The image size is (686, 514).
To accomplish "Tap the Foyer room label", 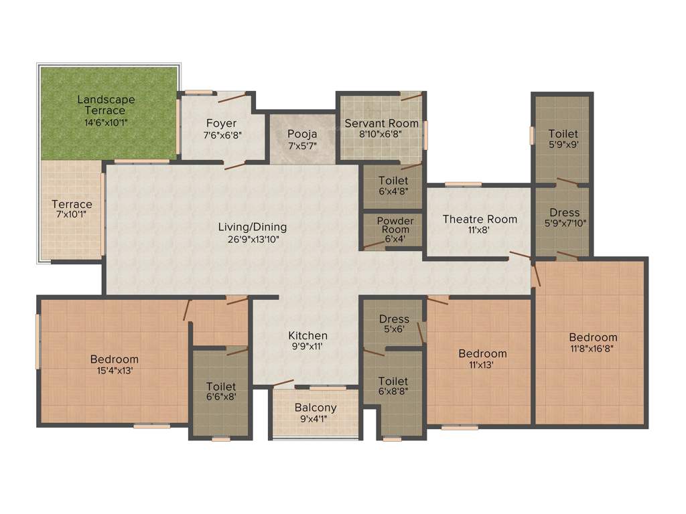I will tap(221, 123).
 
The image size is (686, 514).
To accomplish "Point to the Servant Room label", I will tap(381, 123).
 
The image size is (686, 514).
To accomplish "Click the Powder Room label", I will tap(395, 225).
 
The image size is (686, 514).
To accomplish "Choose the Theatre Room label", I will tap(480, 219).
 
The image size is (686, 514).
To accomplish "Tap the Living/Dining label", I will tap(253, 227).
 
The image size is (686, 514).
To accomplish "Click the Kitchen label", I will tap(308, 335).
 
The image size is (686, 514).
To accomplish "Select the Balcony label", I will tap(316, 408).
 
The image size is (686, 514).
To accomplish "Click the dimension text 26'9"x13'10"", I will tap(253, 239).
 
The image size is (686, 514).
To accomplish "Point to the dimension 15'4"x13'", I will tap(115, 371).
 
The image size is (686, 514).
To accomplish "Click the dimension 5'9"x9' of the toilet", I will tap(563, 145).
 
